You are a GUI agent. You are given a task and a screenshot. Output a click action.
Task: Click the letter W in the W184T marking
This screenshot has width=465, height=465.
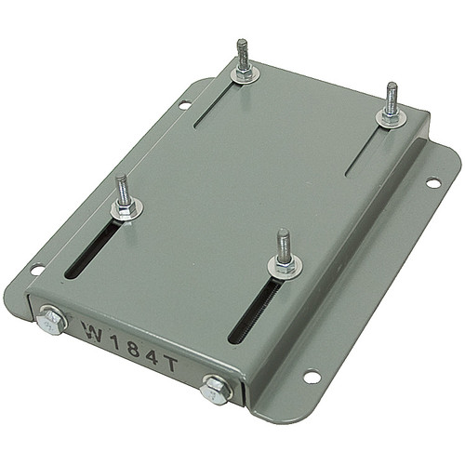point(92,331)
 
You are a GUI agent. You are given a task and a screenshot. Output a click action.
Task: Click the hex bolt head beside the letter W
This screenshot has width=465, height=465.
point(51,323)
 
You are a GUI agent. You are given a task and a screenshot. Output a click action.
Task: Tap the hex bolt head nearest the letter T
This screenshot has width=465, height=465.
point(217,388)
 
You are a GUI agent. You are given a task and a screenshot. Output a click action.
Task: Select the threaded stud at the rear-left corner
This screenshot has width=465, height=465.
point(243,56)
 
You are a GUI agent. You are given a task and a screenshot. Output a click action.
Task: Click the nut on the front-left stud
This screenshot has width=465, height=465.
point(126,206)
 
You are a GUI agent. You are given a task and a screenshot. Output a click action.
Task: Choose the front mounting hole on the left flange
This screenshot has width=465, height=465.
point(37,270)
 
